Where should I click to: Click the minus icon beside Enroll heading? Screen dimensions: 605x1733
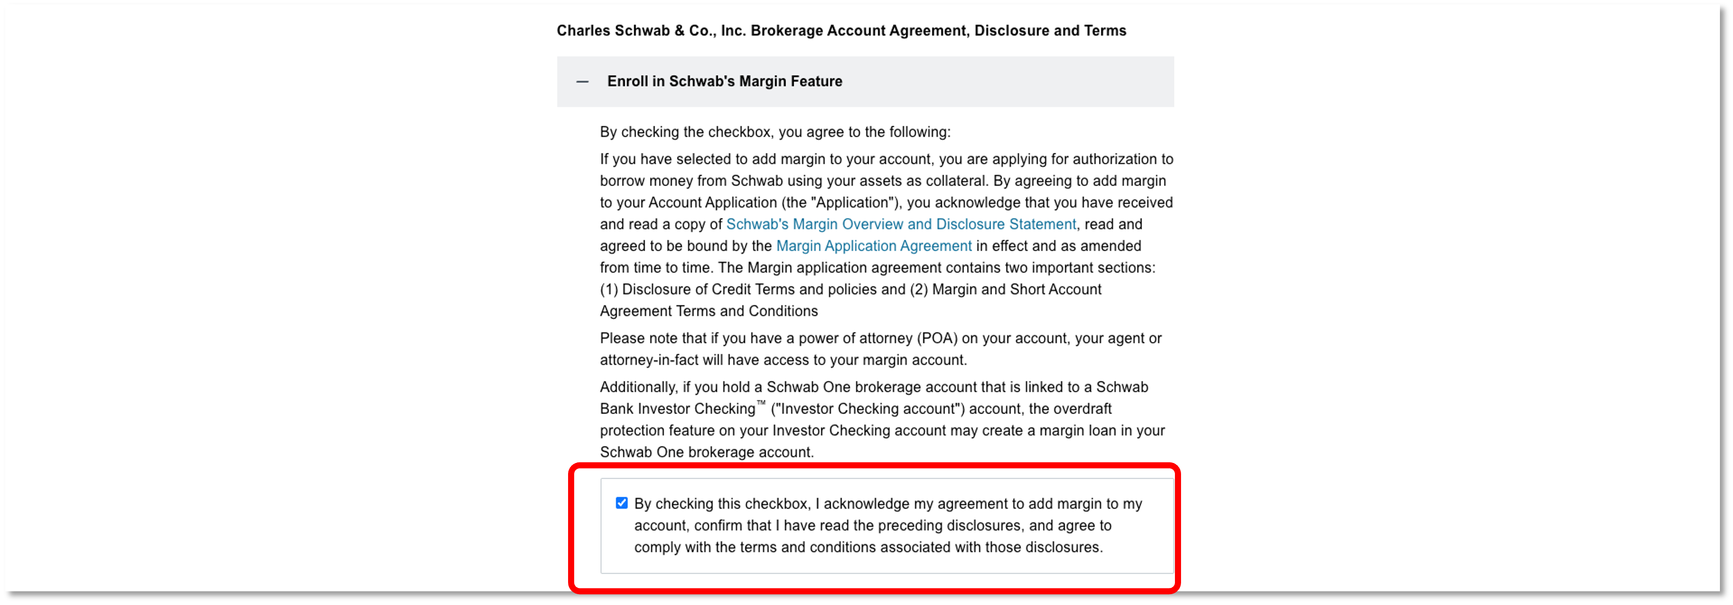582,82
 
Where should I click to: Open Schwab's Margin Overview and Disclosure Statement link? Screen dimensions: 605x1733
901,224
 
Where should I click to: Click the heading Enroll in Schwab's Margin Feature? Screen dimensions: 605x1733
724,82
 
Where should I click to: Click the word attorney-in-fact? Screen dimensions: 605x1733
649,360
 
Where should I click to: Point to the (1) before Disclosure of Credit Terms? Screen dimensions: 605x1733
609,289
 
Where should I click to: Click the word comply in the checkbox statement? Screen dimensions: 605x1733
657,547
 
